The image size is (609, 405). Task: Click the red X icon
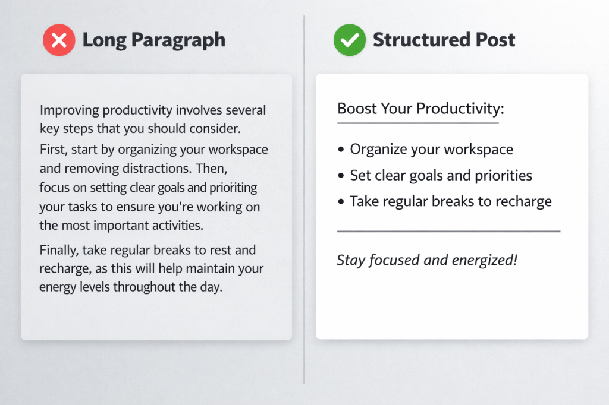(x=59, y=40)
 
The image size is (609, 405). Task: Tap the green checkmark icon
(x=350, y=40)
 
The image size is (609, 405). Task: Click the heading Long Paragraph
(x=154, y=40)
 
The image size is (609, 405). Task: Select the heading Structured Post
(x=444, y=40)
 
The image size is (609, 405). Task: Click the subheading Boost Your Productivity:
(x=420, y=109)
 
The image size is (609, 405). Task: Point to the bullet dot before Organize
(x=341, y=150)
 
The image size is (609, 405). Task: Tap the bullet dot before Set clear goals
(x=341, y=176)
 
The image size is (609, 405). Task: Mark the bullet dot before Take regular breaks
(x=341, y=201)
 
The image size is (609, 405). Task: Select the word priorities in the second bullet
(x=503, y=176)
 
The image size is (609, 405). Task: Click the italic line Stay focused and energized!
(x=427, y=260)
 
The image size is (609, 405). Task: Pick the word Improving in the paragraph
(x=70, y=110)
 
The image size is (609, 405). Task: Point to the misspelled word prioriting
(x=233, y=188)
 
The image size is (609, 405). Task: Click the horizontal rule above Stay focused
(x=448, y=231)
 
